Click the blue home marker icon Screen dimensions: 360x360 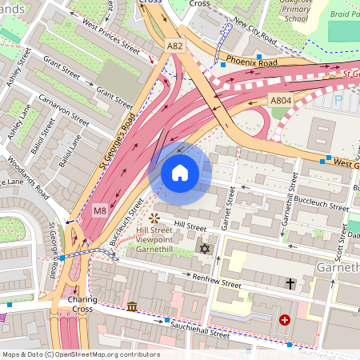click(x=180, y=172)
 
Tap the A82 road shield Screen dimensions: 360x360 click(x=175, y=46)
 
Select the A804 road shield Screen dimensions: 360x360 click(x=279, y=101)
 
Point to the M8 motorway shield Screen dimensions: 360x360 click(x=99, y=210)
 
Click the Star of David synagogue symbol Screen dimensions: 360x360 click(x=203, y=250)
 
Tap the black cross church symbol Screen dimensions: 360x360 click(x=290, y=283)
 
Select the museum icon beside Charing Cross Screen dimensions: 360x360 click(x=131, y=306)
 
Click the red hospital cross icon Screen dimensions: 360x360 click(x=285, y=320)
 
